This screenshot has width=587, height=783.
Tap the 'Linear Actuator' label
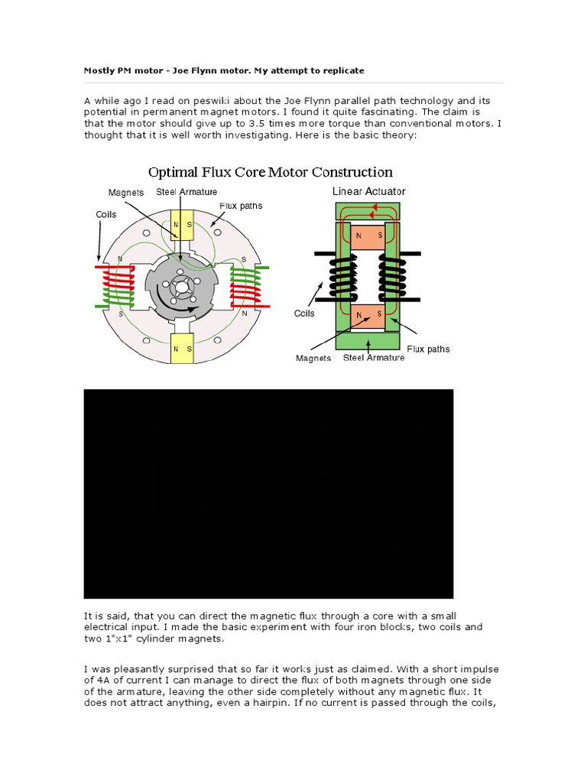pos(369,191)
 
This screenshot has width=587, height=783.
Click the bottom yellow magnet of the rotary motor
pos(182,349)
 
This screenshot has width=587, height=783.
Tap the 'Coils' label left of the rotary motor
pos(105,214)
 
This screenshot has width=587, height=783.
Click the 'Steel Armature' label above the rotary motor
pos(186,192)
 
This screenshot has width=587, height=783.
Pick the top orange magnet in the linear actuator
pos(368,236)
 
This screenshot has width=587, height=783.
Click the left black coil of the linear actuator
pos(344,277)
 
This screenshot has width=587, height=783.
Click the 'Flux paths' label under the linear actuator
pos(428,349)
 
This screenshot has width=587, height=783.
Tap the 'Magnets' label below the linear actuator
pos(313,359)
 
